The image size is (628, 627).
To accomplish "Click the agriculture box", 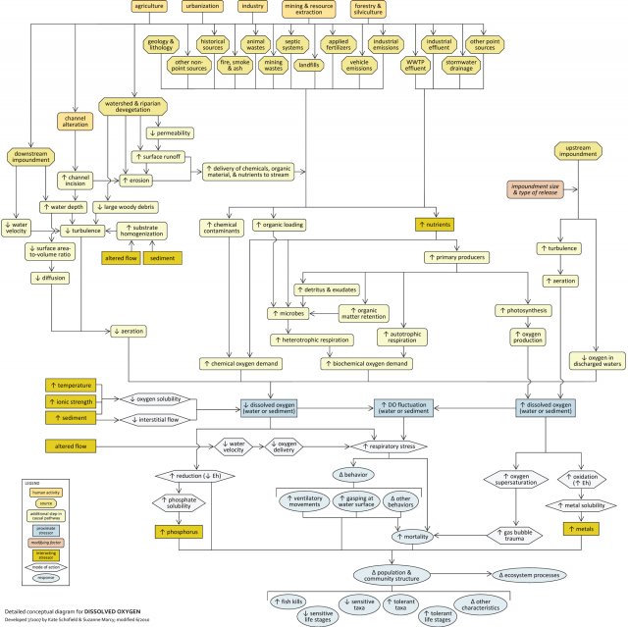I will point(149,7).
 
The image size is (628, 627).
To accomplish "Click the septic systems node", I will point(292,44).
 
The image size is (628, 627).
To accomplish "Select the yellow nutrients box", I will point(434,224).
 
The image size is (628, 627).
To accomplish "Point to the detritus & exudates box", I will point(325,289).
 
